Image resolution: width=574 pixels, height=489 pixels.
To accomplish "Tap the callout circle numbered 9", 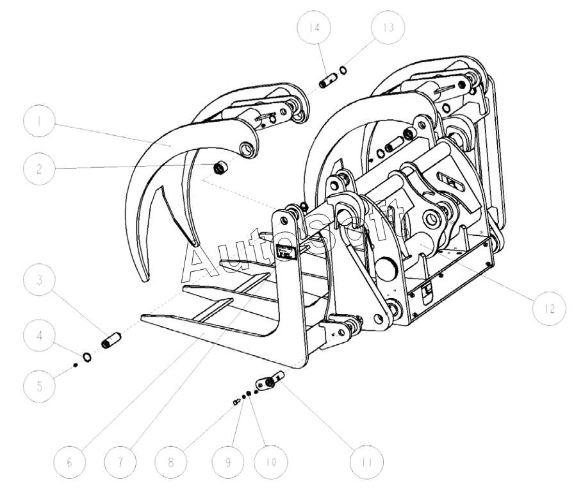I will pos(223,461).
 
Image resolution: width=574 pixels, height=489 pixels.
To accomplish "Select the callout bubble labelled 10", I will pos(269,461).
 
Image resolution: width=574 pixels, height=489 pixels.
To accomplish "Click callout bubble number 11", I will pos(365,461).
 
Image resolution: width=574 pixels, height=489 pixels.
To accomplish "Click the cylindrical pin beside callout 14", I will pos(327,82).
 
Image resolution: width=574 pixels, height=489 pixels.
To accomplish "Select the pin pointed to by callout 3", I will pos(111,338).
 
